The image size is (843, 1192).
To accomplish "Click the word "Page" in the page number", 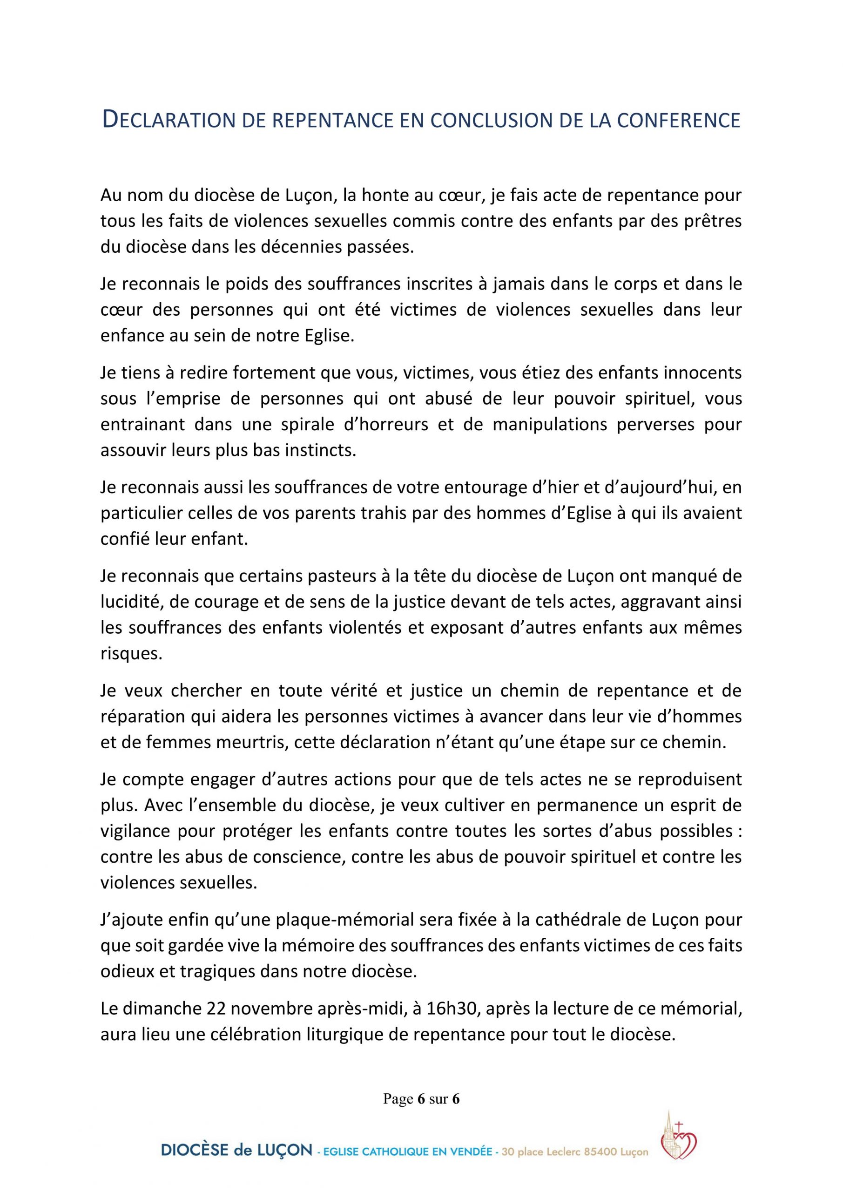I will point(398,1098).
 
